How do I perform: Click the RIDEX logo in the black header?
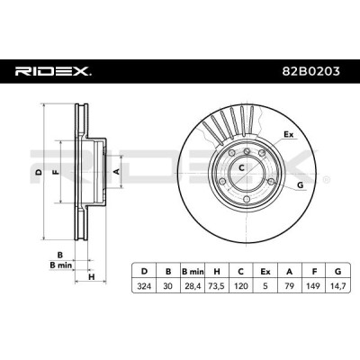[x=53, y=72]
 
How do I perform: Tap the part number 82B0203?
[x=311, y=71]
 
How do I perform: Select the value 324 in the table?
[x=144, y=286]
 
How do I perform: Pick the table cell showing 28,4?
[x=193, y=286]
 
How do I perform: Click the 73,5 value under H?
[x=216, y=286]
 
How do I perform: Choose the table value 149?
[x=313, y=286]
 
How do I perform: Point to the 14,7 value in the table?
[x=338, y=286]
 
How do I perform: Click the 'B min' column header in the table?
[x=193, y=272]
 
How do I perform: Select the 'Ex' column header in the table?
[x=265, y=272]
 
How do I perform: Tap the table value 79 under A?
[x=289, y=286]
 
